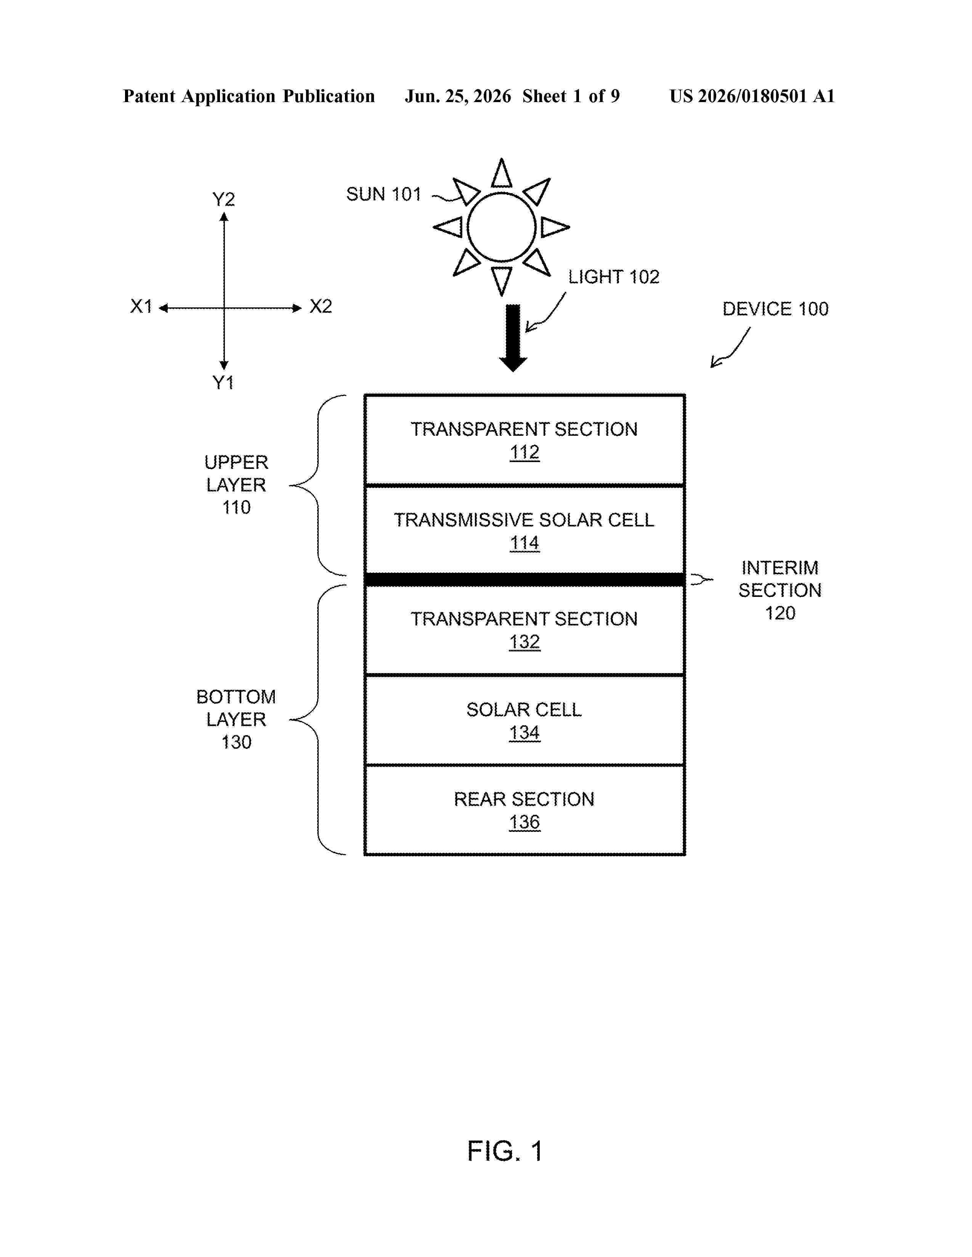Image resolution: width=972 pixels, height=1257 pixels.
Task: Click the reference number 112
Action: [524, 453]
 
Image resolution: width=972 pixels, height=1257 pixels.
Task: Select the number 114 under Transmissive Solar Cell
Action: [524, 543]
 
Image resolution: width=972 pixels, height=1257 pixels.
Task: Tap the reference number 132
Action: [524, 642]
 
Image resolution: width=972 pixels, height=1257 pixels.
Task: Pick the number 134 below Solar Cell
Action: [524, 732]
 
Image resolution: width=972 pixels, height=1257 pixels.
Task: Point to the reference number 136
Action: [524, 822]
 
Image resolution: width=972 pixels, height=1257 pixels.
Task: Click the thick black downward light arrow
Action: [512, 338]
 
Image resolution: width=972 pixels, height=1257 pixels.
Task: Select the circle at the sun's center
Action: [502, 227]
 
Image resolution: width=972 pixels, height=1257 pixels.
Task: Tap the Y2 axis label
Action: [223, 199]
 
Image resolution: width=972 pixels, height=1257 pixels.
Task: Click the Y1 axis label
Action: [223, 382]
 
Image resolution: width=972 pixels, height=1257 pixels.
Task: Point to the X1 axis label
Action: [141, 306]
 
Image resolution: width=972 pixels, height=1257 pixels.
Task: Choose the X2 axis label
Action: [321, 306]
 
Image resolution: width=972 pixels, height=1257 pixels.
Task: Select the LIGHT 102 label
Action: [614, 277]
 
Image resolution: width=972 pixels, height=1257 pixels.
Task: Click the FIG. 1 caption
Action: [504, 1151]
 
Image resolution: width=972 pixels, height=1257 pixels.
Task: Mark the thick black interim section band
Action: [524, 579]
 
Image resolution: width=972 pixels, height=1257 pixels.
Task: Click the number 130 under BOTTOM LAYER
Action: [236, 742]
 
